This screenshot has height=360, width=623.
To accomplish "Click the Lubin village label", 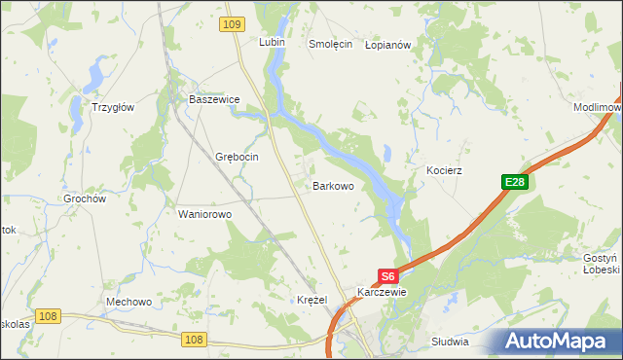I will coord(271,43).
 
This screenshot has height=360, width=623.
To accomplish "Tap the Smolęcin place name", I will coord(329,44).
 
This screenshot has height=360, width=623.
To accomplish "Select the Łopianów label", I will coord(389,45).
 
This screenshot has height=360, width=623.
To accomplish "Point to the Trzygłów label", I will coord(112,107).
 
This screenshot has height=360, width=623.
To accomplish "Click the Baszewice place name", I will coord(213,99).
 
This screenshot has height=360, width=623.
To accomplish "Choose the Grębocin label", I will coord(236,157).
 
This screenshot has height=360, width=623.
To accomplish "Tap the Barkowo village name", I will coord(332,185).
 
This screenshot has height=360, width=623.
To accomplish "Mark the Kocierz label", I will coord(444,170).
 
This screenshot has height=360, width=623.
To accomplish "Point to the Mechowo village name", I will coord(128,302).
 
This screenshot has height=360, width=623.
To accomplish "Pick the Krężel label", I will coord(310,300).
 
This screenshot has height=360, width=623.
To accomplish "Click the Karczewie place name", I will coord(382,292).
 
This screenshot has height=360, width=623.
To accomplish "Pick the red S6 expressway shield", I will coord(387,275).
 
